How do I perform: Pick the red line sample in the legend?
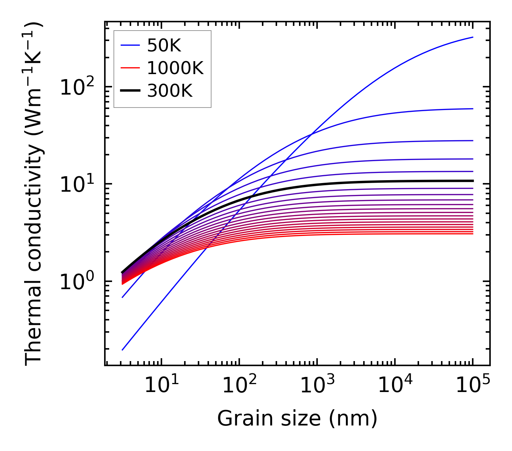pyautogui.click(x=130, y=68)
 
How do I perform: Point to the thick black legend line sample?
pyautogui.click(x=130, y=91)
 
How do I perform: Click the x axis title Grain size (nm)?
pyautogui.click(x=297, y=419)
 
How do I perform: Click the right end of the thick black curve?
pyautogui.click(x=472, y=181)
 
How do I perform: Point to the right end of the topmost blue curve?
pyautogui.click(x=472, y=37)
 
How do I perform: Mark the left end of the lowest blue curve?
pyautogui.click(x=123, y=350)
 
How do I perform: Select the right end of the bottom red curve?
pyautogui.click(x=472, y=234)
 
